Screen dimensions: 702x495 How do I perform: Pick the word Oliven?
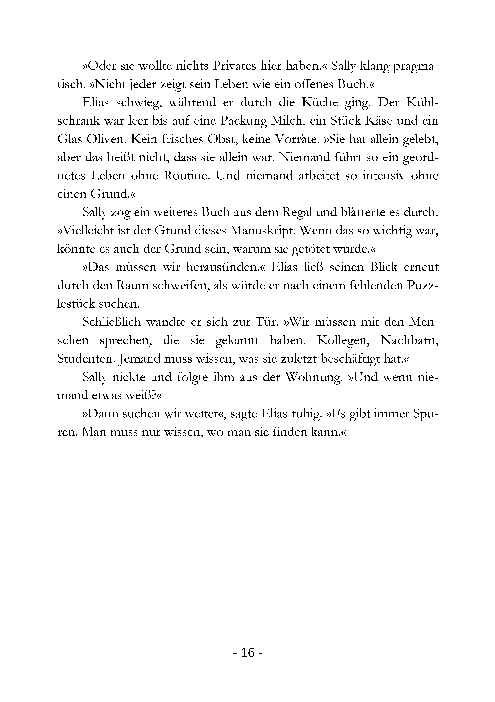[105, 139]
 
